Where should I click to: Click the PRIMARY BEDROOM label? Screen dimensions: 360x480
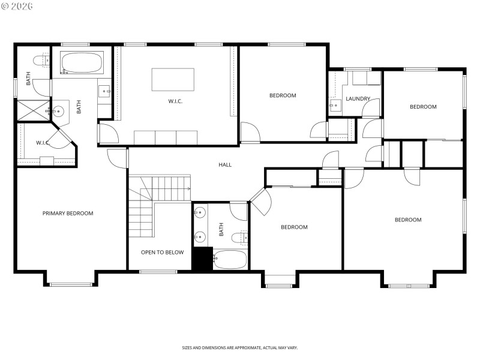point(67,213)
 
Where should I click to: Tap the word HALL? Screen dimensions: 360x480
point(225,164)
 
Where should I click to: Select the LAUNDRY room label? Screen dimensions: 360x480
point(358,99)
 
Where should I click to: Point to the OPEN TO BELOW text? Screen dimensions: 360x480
point(162,252)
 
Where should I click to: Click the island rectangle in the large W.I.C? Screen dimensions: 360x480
point(173,79)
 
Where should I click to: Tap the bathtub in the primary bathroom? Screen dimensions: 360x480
point(82,63)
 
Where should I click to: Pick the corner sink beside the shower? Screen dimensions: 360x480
point(58,112)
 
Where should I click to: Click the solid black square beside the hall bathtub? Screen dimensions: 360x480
point(202,259)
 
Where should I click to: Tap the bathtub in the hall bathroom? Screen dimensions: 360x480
point(229,259)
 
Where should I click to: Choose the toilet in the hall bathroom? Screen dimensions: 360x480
point(242,238)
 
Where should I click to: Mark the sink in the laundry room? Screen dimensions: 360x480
point(334,106)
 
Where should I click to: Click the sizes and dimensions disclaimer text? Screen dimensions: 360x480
point(240,347)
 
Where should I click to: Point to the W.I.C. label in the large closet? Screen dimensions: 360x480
point(175,101)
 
